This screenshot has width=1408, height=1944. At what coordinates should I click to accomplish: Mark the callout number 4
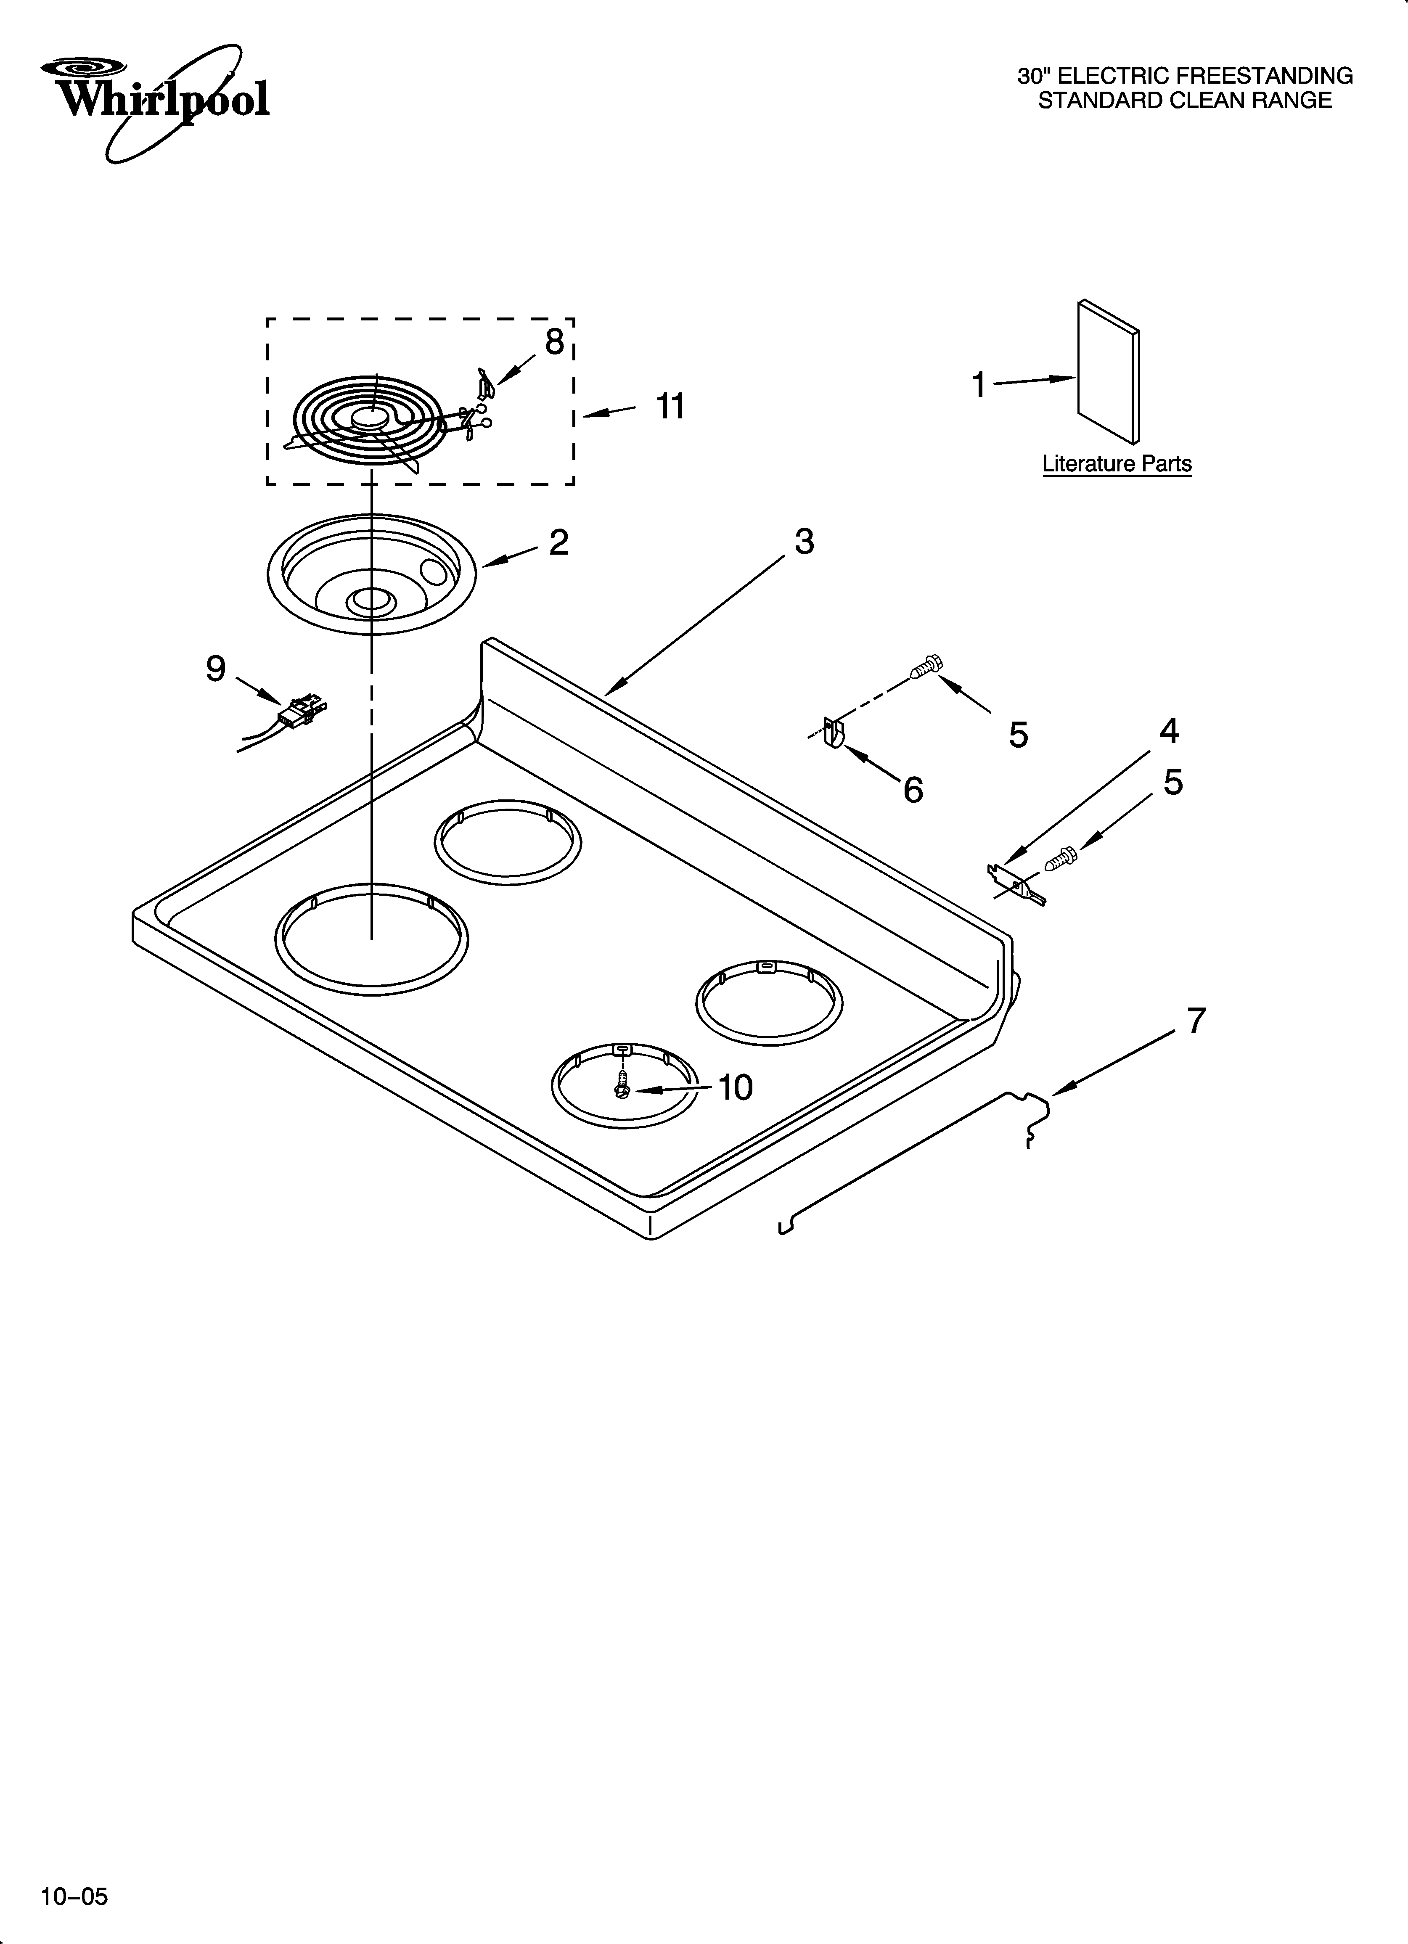1169,731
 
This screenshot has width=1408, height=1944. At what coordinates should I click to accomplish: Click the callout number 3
804,542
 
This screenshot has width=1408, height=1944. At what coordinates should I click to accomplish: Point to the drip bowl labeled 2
371,574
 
